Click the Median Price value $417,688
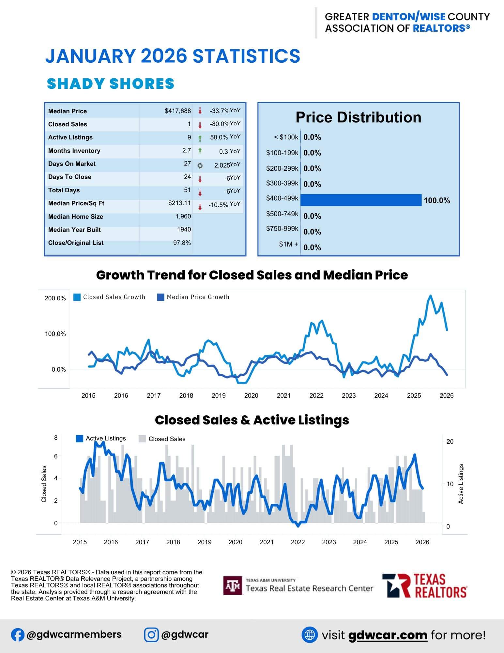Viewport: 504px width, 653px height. [x=178, y=111]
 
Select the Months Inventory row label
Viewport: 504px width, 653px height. [x=74, y=151]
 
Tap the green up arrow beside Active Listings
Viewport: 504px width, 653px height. [x=200, y=138]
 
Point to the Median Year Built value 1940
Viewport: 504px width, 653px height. [x=184, y=230]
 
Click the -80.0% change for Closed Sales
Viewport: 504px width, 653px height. [x=220, y=124]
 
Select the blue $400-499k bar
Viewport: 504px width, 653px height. [x=361, y=200]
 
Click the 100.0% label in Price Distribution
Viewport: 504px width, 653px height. [x=437, y=200]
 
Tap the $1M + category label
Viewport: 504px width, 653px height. [x=288, y=244]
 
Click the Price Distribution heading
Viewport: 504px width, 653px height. [x=358, y=117]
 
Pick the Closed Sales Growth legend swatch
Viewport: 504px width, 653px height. [x=77, y=297]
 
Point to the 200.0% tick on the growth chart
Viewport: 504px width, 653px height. [x=55, y=298]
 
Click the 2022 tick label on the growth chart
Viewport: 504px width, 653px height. [x=316, y=395]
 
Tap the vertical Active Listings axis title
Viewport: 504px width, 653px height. [x=461, y=484]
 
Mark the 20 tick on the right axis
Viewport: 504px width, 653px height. [x=450, y=441]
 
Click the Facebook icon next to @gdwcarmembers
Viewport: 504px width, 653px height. [x=17, y=635]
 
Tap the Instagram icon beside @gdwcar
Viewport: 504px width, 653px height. [x=151, y=635]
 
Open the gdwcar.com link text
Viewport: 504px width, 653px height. [x=388, y=635]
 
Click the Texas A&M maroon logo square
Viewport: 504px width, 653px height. [x=233, y=585]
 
